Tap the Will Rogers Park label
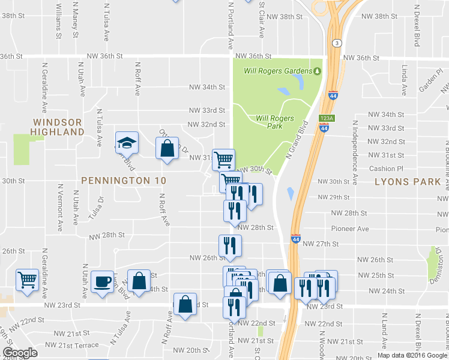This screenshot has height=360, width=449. pos(274,122)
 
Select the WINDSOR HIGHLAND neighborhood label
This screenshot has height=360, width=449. pos(58,127)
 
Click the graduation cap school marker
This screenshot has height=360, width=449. pos(127,143)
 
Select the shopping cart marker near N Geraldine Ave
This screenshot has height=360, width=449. pos(27,280)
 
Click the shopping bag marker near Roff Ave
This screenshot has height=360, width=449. pos(167,148)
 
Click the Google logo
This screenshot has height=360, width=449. pos(20,353)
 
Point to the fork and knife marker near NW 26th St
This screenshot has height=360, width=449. pos(230,245)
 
